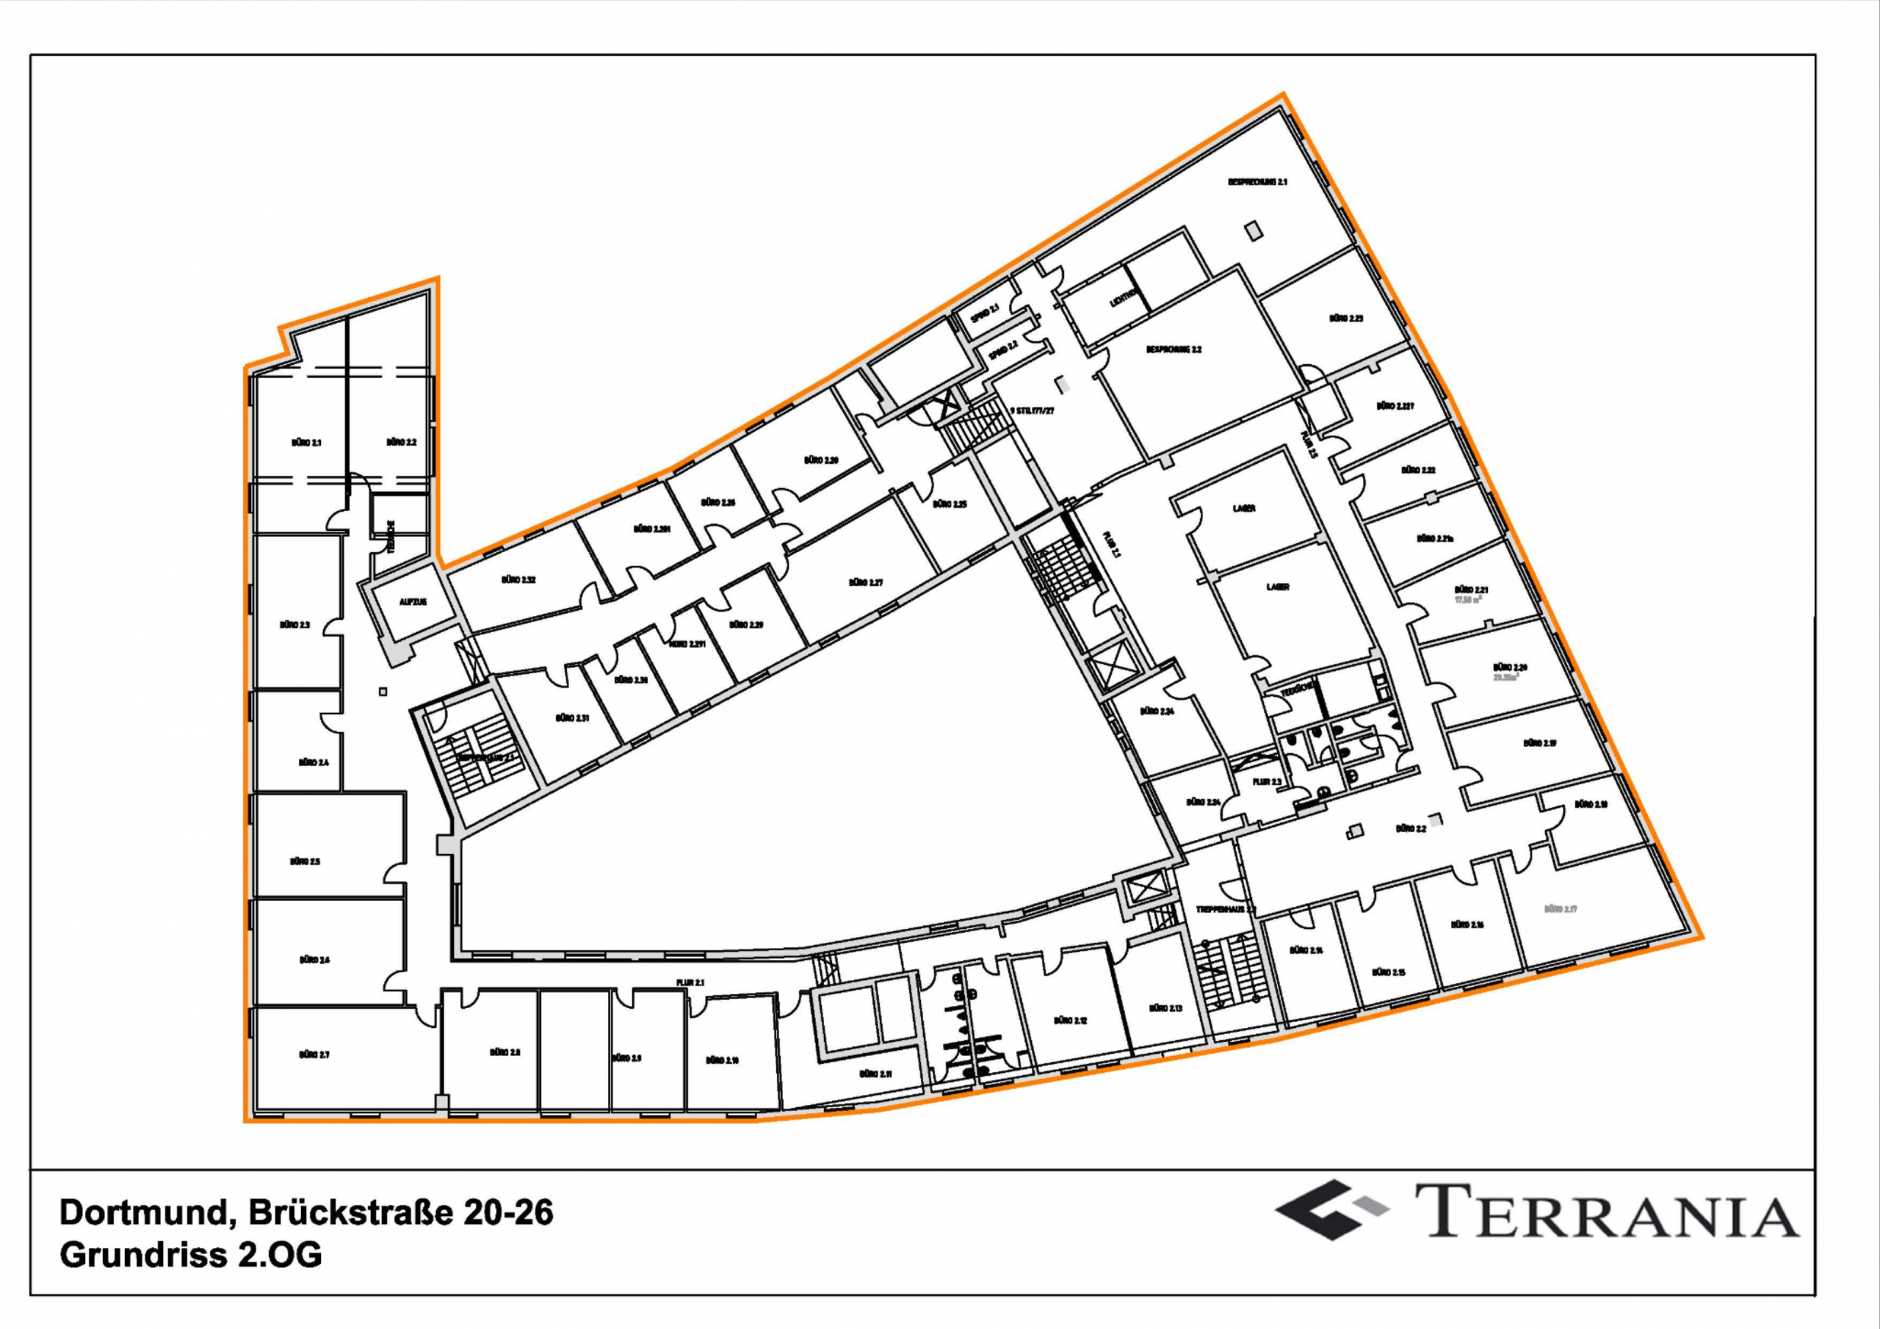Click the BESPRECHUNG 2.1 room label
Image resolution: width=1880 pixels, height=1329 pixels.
click(1257, 182)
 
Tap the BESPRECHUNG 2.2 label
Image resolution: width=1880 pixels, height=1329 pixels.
click(1174, 350)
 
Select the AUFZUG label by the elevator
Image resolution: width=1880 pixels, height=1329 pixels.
click(413, 602)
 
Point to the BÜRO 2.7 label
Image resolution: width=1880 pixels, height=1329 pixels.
click(314, 1054)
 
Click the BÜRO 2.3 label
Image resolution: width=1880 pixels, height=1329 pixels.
click(294, 625)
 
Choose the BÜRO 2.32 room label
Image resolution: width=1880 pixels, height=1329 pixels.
click(518, 580)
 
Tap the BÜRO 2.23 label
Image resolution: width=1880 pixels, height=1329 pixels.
click(1345, 318)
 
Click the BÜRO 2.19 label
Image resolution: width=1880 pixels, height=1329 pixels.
click(1539, 744)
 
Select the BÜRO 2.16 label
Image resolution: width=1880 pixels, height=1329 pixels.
click(1467, 924)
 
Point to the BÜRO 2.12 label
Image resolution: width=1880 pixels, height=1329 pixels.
click(1069, 1021)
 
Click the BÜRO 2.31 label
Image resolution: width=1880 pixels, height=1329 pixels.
click(572, 718)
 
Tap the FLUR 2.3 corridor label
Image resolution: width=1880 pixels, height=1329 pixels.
click(1266, 782)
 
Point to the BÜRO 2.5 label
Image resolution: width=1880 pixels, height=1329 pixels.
click(305, 861)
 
